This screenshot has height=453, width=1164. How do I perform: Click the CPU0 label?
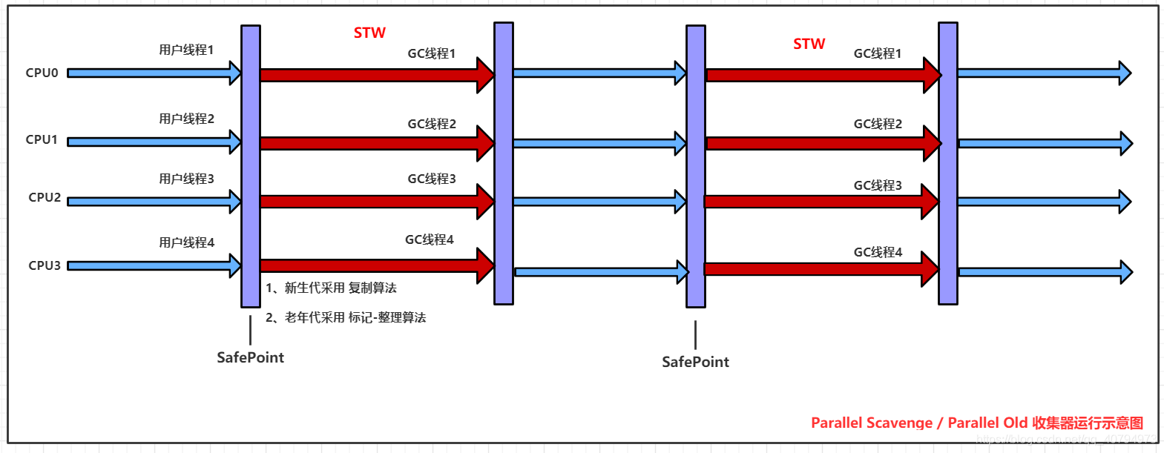click(42, 73)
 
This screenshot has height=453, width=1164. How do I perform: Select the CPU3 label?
click(45, 265)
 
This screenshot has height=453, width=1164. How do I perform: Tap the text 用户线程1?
click(186, 50)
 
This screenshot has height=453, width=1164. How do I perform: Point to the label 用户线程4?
click(186, 242)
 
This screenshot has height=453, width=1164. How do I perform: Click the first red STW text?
click(369, 33)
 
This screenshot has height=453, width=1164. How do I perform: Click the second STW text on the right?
click(809, 44)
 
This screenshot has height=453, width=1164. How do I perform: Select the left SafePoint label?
click(250, 357)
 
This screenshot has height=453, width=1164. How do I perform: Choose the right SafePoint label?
click(695, 362)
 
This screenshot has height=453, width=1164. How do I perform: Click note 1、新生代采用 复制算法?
click(331, 288)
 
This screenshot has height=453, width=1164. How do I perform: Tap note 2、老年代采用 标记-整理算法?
click(346, 317)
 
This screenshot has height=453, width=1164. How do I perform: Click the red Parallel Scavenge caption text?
click(976, 423)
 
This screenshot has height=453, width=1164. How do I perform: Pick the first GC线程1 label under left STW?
click(431, 53)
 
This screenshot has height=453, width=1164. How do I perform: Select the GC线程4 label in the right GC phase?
click(878, 252)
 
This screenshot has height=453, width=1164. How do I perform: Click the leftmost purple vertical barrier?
click(251, 166)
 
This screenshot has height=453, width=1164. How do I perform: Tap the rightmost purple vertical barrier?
click(947, 163)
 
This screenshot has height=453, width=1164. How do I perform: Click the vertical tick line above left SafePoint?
click(251, 329)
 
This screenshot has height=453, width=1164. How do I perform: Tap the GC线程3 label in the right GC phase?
click(878, 185)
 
